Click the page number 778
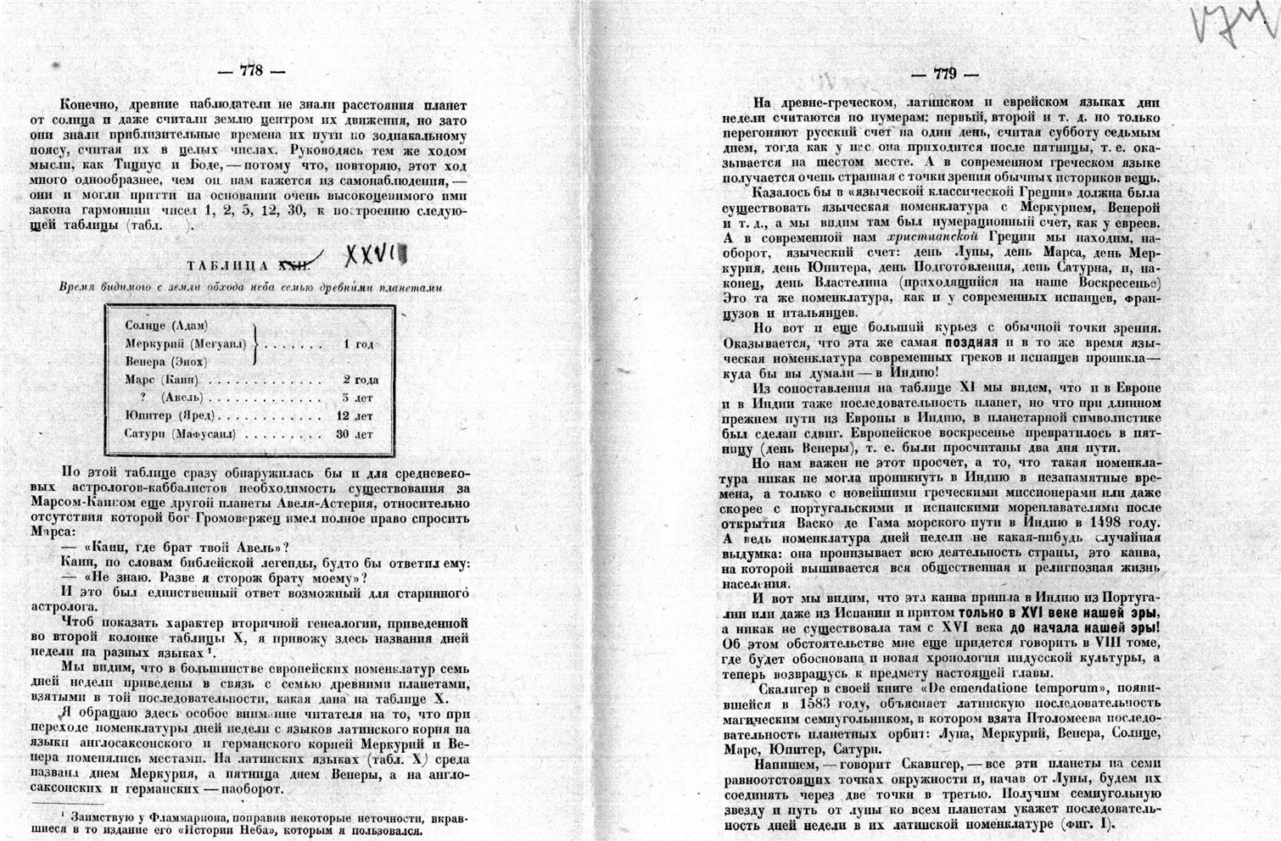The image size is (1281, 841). [251, 71]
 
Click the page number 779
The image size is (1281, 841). [944, 74]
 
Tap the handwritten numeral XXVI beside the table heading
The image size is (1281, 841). [374, 253]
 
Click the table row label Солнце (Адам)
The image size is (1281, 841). [166, 326]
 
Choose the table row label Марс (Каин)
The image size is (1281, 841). [162, 380]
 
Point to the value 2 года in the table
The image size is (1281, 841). [361, 380]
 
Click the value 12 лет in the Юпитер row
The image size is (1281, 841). [355, 416]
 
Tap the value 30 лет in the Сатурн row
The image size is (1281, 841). [355, 434]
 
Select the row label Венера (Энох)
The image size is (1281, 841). [165, 362]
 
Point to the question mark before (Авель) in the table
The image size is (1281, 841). [143, 398]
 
